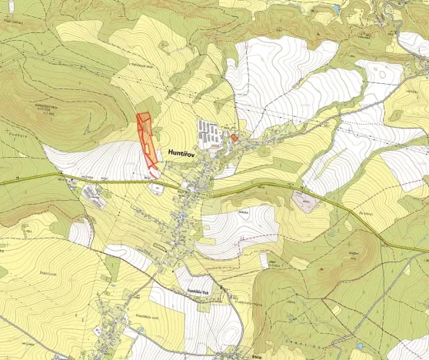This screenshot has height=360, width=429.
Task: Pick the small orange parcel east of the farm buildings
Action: pyautogui.click(x=234, y=138)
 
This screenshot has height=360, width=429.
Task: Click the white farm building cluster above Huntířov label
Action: pyautogui.click(x=211, y=133)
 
